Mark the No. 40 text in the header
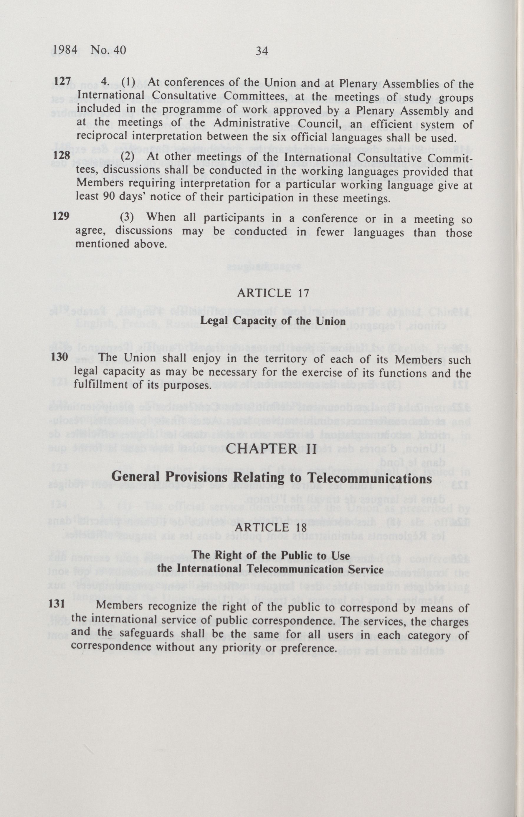(x=108, y=50)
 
